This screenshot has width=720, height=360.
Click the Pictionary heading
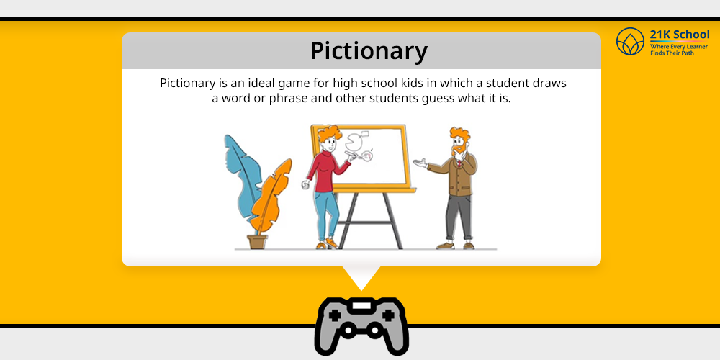(369, 51)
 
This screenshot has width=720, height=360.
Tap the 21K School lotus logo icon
(630, 41)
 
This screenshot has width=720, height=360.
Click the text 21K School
(680, 35)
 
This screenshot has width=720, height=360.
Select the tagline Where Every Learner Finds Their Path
(679, 50)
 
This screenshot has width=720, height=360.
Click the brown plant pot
(257, 242)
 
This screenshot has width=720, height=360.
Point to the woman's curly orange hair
(330, 135)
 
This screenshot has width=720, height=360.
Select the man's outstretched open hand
(420, 162)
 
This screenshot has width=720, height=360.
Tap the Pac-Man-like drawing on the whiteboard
(353, 143)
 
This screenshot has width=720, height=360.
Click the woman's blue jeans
(328, 215)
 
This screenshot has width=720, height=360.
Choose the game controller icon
(361, 326)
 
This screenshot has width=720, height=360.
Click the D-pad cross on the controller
(335, 315)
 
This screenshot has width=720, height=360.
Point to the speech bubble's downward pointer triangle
(361, 276)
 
